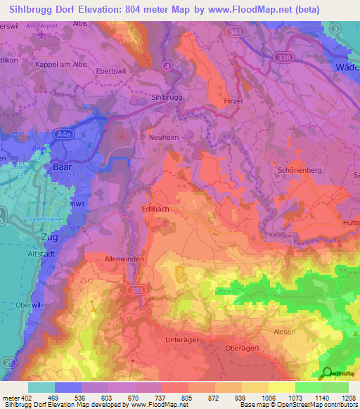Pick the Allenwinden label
124,259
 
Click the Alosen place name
284,331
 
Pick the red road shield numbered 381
136,289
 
